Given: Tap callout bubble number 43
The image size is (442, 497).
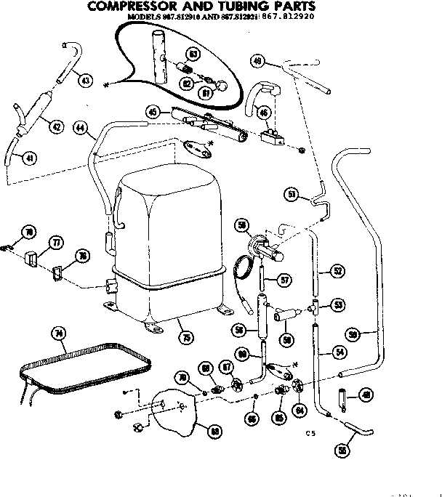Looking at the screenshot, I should pos(87,81).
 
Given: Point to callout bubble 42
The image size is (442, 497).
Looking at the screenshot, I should pos(55,126).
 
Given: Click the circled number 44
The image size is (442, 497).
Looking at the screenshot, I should pos(81,129).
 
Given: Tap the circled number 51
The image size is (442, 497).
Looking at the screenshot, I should pos(292,194).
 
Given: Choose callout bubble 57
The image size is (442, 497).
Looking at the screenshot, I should pos(285,279).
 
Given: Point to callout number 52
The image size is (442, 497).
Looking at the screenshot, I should pos(337,271).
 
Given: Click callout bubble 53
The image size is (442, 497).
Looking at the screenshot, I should pos(337,304).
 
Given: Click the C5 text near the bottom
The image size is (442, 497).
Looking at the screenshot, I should pos(310,434).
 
